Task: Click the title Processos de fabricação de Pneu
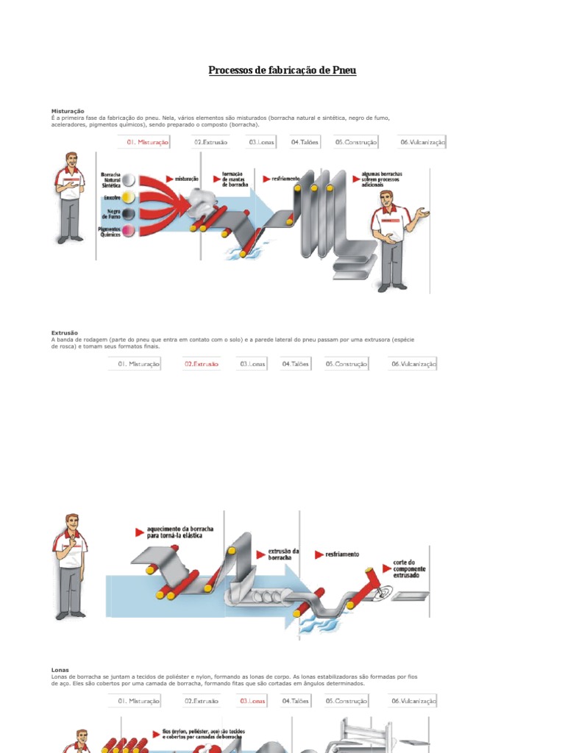point(282,71)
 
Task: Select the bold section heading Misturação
point(68,111)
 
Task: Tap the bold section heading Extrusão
point(65,333)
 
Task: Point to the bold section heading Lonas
point(60,670)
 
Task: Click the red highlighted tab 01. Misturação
point(147,142)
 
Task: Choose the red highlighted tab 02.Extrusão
point(201,363)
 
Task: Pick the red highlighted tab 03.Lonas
point(252,701)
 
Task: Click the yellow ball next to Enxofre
point(128,197)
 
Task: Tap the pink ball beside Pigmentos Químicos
point(128,231)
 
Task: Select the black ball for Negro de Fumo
point(128,214)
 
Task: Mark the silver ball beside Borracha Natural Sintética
point(128,180)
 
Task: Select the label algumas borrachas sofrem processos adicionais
point(382,179)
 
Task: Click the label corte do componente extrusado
point(409,569)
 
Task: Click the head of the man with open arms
point(386,199)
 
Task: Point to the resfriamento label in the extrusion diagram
point(342,554)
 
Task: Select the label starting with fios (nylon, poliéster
point(204,734)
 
